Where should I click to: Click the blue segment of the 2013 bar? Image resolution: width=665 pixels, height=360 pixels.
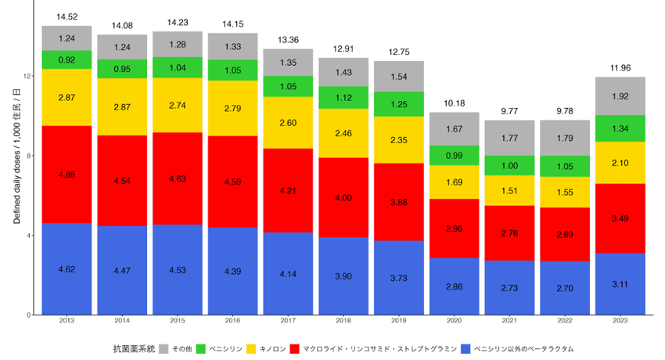66,268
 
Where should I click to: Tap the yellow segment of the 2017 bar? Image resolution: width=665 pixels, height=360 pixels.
288,123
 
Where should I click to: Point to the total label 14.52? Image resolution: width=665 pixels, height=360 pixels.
66,16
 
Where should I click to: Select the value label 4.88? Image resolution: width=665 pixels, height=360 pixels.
66,174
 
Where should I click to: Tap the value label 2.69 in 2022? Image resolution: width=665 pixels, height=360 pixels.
563,234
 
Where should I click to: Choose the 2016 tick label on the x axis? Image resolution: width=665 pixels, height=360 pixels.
232,322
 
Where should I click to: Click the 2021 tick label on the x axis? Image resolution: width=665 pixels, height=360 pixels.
510,322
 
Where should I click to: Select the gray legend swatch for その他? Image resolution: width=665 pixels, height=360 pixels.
164,347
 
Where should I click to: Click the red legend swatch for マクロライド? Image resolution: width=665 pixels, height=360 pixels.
297,347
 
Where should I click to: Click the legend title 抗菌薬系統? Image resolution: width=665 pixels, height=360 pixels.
132,347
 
